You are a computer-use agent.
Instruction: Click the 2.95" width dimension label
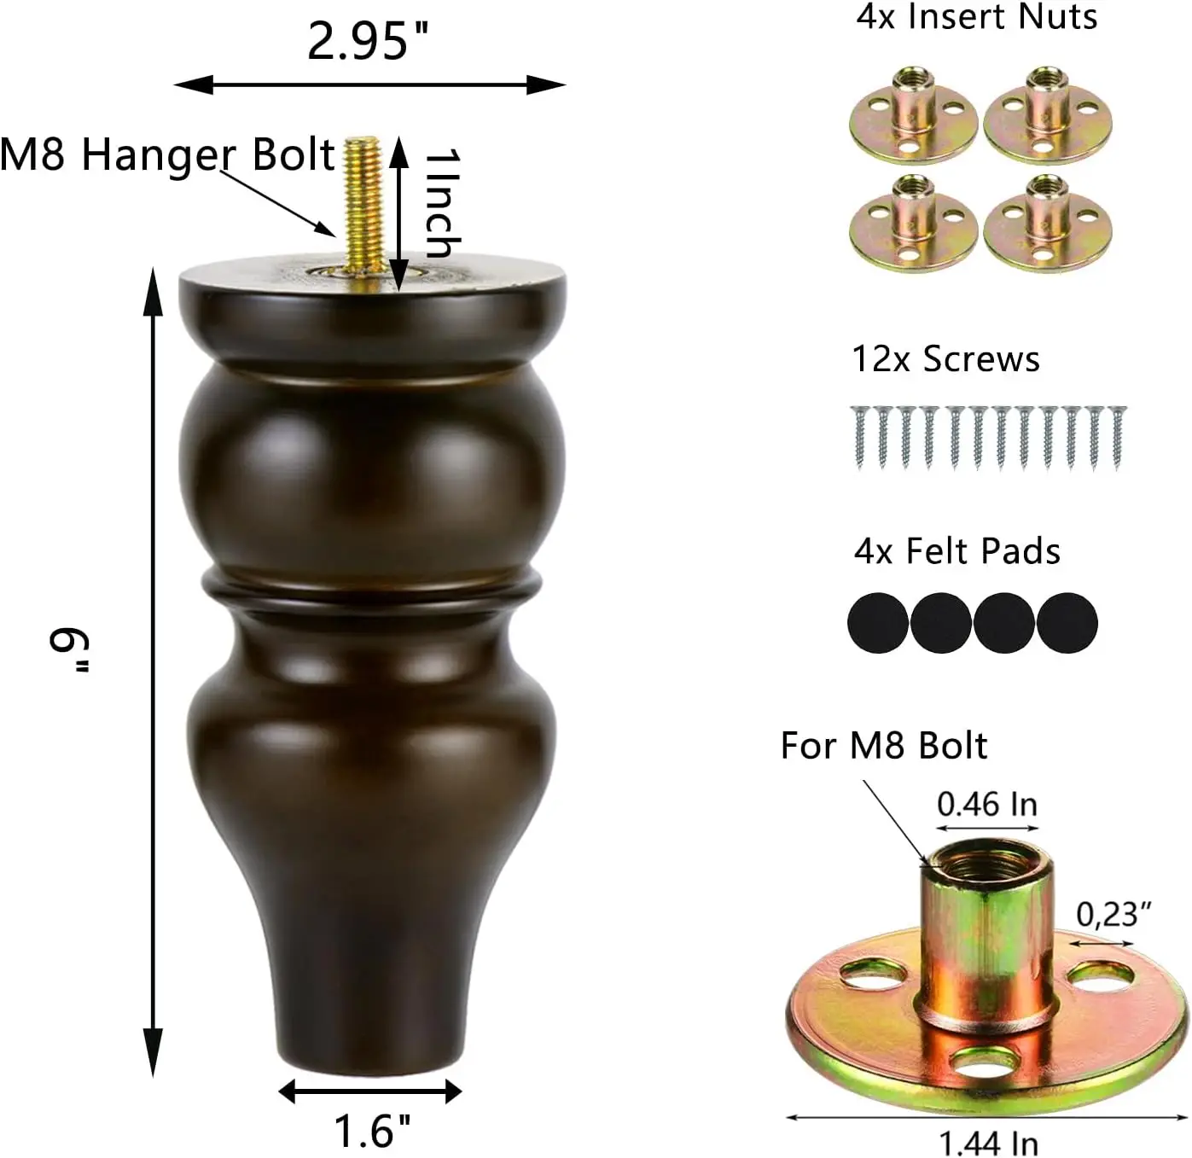pyautogui.click(x=368, y=40)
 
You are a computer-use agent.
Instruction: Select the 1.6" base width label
pyautogui.click(x=372, y=1131)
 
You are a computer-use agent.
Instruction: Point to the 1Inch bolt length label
pyautogui.click(x=442, y=203)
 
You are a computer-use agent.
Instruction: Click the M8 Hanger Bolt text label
pyautogui.click(x=167, y=154)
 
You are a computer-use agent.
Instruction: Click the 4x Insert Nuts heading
pyautogui.click(x=977, y=16)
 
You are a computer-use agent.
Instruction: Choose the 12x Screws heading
pyautogui.click(x=946, y=359)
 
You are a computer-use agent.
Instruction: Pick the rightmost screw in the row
pyautogui.click(x=1117, y=436)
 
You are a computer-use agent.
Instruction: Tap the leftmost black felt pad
pyautogui.click(x=878, y=624)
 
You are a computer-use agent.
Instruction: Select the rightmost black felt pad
pyautogui.click(x=1067, y=624)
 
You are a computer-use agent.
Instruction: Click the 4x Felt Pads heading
pyautogui.click(x=957, y=551)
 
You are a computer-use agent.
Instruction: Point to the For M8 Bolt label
pyautogui.click(x=884, y=746)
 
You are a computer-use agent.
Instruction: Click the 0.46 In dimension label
pyautogui.click(x=987, y=804)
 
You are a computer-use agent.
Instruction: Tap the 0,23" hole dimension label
pyautogui.click(x=1114, y=915)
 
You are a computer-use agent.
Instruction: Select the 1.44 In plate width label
pyautogui.click(x=989, y=1142)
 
